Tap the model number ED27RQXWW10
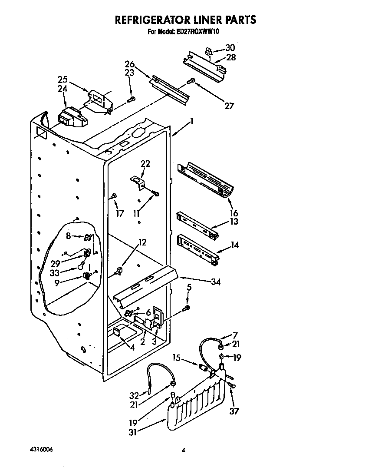201,31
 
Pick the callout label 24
62,89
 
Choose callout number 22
145,163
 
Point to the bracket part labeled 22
137,182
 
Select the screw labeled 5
187,308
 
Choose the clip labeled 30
208,52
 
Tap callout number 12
142,242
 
